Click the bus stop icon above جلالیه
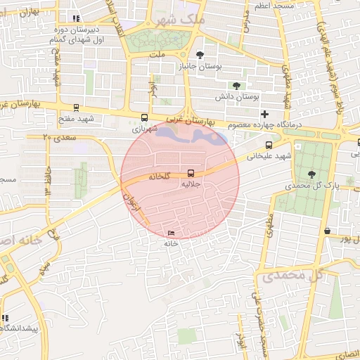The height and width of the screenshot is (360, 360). click(191, 174)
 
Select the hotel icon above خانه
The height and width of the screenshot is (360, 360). click(172, 233)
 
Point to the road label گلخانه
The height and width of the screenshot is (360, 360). click(160, 176)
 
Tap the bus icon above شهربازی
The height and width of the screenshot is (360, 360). click(145, 118)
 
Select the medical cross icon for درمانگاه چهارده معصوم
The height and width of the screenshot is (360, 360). click(264, 114)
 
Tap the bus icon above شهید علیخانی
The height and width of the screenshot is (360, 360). click(269, 146)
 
